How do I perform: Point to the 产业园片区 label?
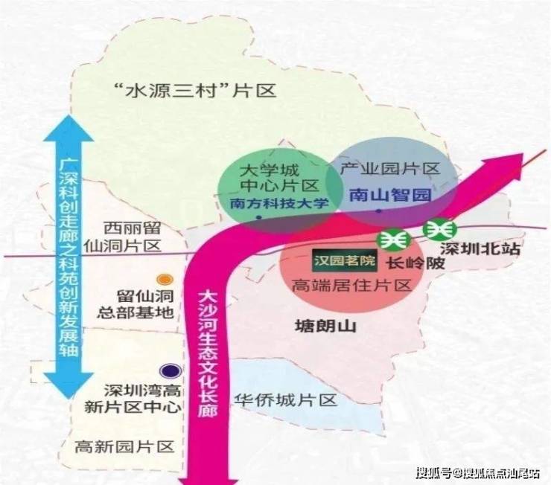[391, 169]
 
